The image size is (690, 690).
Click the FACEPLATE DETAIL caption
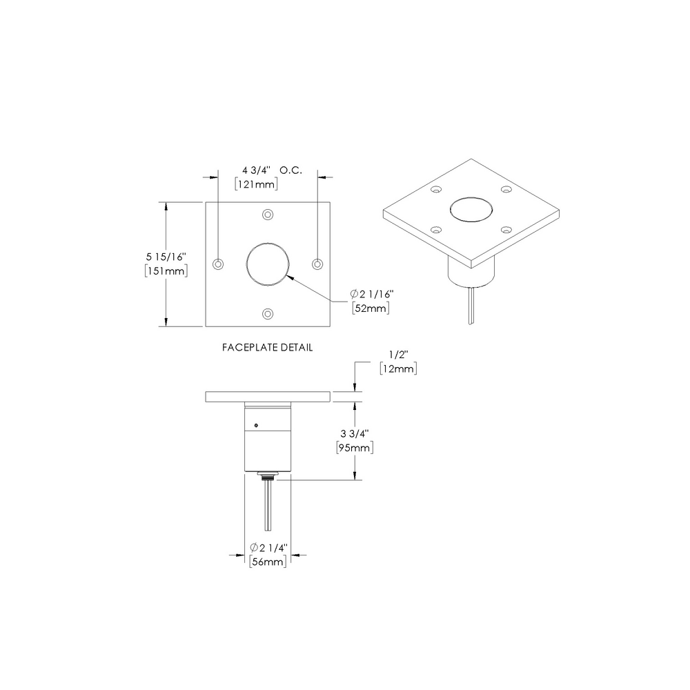[267, 348]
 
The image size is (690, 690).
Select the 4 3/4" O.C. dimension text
[268, 170]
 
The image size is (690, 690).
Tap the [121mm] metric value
[256, 184]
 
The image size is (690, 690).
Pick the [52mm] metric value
[371, 308]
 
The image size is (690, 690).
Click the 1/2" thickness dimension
[399, 354]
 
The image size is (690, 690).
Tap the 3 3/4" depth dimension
[355, 433]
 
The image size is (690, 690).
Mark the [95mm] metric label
[355, 448]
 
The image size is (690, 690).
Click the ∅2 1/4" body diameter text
[268, 548]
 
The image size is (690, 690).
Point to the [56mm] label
[268, 562]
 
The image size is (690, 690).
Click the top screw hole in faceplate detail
[268, 214]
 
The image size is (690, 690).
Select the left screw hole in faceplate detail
[218, 264]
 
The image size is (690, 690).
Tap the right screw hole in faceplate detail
[317, 264]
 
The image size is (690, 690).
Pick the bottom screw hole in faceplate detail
[268, 313]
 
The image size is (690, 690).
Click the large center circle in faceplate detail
[268, 264]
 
